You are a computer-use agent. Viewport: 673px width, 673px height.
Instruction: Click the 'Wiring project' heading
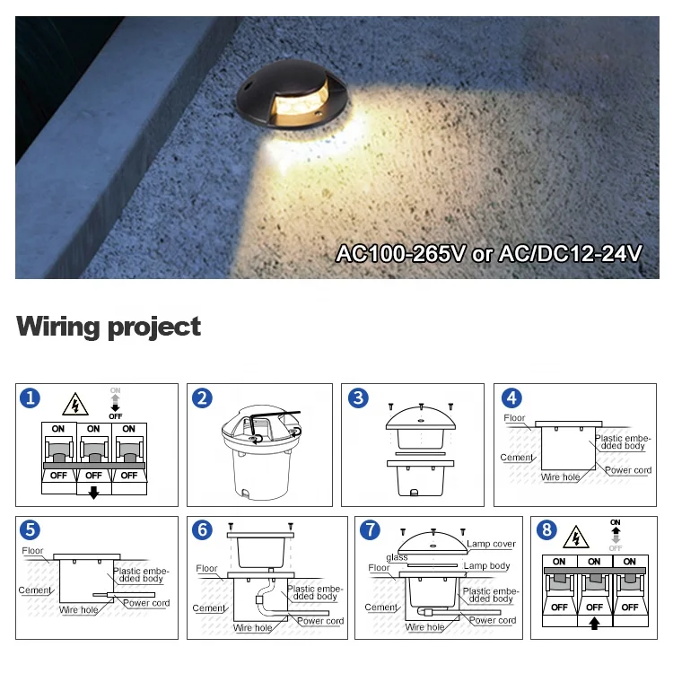[x=109, y=327]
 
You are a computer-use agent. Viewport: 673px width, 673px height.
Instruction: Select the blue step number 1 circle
[x=31, y=398]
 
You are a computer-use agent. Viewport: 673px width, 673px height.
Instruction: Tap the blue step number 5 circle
[x=31, y=530]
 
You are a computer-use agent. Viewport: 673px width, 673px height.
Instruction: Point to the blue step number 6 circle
[x=203, y=530]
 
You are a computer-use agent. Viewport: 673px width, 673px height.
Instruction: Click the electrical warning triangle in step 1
[x=75, y=405]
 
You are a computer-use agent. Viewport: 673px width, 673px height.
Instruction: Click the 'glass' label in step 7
[x=397, y=557]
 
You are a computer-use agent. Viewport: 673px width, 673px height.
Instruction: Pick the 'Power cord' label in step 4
[x=628, y=470]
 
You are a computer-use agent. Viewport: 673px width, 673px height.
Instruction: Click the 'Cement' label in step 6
[x=208, y=608]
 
